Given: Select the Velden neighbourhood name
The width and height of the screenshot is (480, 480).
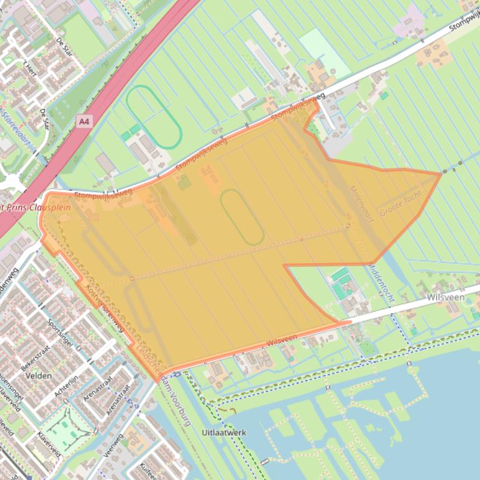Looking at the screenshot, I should click(39, 376).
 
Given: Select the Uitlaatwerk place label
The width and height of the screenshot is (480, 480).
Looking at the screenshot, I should click(224, 432).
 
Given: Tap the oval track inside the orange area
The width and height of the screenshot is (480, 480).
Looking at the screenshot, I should click(242, 217).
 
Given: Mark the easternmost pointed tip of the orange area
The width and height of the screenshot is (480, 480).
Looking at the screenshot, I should click(440, 174).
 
